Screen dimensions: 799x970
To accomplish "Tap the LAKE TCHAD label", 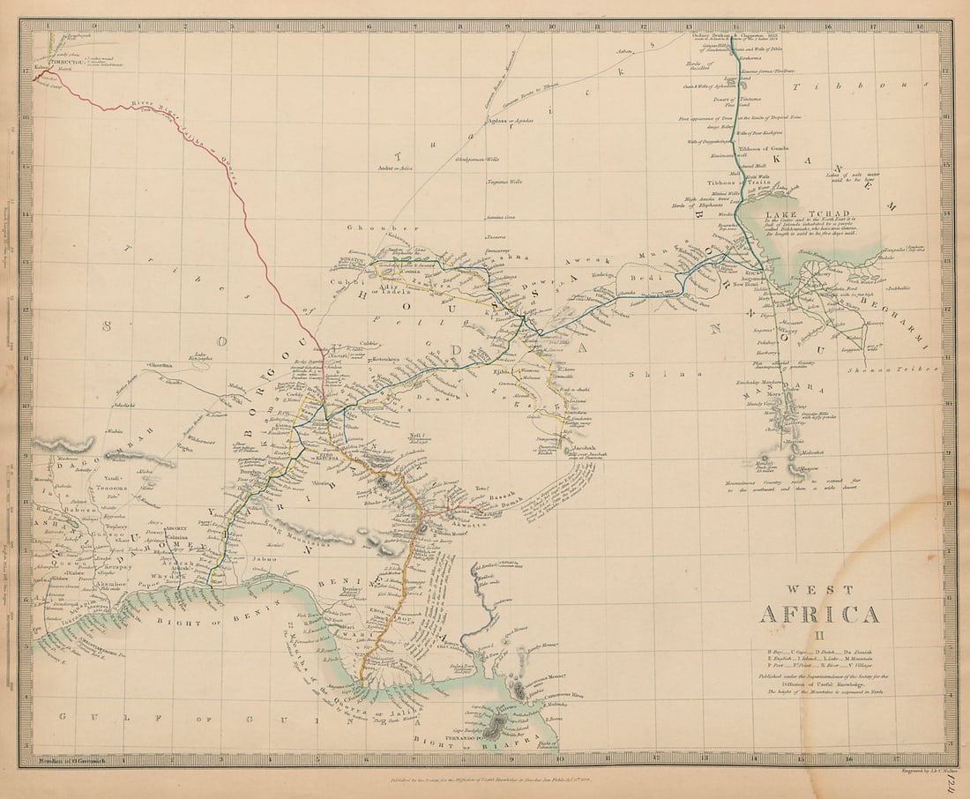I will [x=795, y=214].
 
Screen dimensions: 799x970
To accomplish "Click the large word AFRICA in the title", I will [x=819, y=614].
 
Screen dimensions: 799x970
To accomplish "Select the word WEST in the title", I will [x=820, y=589].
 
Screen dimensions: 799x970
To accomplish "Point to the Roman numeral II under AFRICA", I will [x=819, y=634].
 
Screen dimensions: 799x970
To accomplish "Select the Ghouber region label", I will [x=369, y=228].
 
